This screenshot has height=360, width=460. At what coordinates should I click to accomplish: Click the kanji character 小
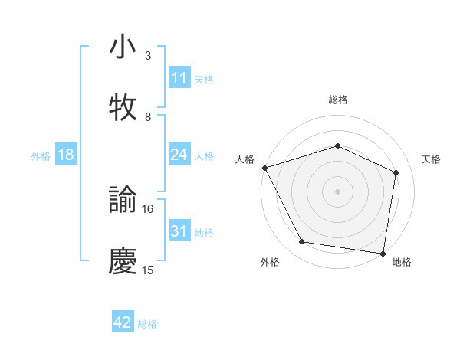point(123,47)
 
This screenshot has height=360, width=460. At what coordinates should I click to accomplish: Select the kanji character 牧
point(123,108)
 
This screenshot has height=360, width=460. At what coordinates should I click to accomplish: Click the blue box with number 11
point(179,78)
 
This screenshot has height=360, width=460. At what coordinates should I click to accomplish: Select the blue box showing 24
point(179,155)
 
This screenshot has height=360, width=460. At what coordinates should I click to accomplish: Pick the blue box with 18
point(66,155)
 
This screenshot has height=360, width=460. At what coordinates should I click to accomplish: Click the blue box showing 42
point(123,322)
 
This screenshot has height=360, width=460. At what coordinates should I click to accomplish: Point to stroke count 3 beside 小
point(148,56)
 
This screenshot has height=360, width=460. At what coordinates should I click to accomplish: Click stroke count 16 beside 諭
point(148,208)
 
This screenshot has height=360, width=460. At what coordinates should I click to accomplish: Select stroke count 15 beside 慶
point(148,270)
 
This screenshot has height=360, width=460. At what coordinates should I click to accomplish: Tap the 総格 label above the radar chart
point(338,100)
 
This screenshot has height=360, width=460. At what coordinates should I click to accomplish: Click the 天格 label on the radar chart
point(432,159)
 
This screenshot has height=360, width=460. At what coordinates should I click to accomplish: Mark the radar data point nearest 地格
point(383,252)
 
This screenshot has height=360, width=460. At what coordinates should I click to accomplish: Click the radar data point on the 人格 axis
point(264,168)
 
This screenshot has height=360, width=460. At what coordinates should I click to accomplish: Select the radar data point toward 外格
point(302,242)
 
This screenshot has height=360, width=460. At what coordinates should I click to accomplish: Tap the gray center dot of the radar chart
point(338,191)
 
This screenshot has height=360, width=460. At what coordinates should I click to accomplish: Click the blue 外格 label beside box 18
point(41,156)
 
